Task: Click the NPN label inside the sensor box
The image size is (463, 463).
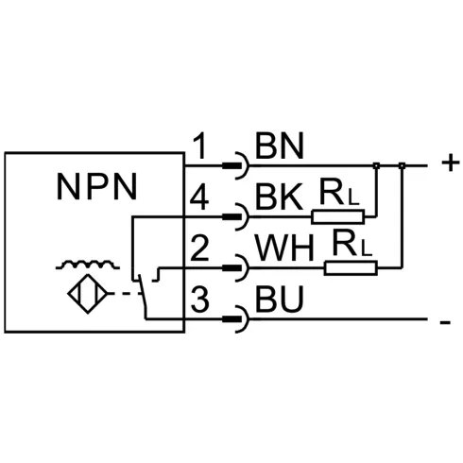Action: pos(97,186)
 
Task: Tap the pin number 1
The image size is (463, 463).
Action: pos(199,146)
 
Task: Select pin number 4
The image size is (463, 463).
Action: pos(199,197)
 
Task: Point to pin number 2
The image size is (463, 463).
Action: pos(199,248)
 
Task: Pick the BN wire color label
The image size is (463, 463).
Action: pos(280,146)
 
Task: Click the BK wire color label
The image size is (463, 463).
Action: pos(279,197)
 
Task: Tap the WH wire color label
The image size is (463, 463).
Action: pos(285,248)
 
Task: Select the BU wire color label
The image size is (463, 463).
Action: pos(280,299)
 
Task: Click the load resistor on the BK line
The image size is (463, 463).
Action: pos(338,216)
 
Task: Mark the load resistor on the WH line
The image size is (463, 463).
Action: pos(351,268)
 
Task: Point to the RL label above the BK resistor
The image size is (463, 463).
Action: pos(339,192)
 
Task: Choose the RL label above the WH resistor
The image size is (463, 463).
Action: pos(352,244)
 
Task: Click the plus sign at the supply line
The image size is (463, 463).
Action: pos(451,163)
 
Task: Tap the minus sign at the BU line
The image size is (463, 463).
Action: pos(445,322)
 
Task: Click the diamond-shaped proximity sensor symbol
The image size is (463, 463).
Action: pos(88,294)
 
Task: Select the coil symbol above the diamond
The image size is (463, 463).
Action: pos(88,266)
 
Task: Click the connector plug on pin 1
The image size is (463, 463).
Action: pos(236,165)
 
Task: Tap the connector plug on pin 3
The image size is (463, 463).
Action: pos(236,319)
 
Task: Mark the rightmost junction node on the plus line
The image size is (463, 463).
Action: pos(402,165)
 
